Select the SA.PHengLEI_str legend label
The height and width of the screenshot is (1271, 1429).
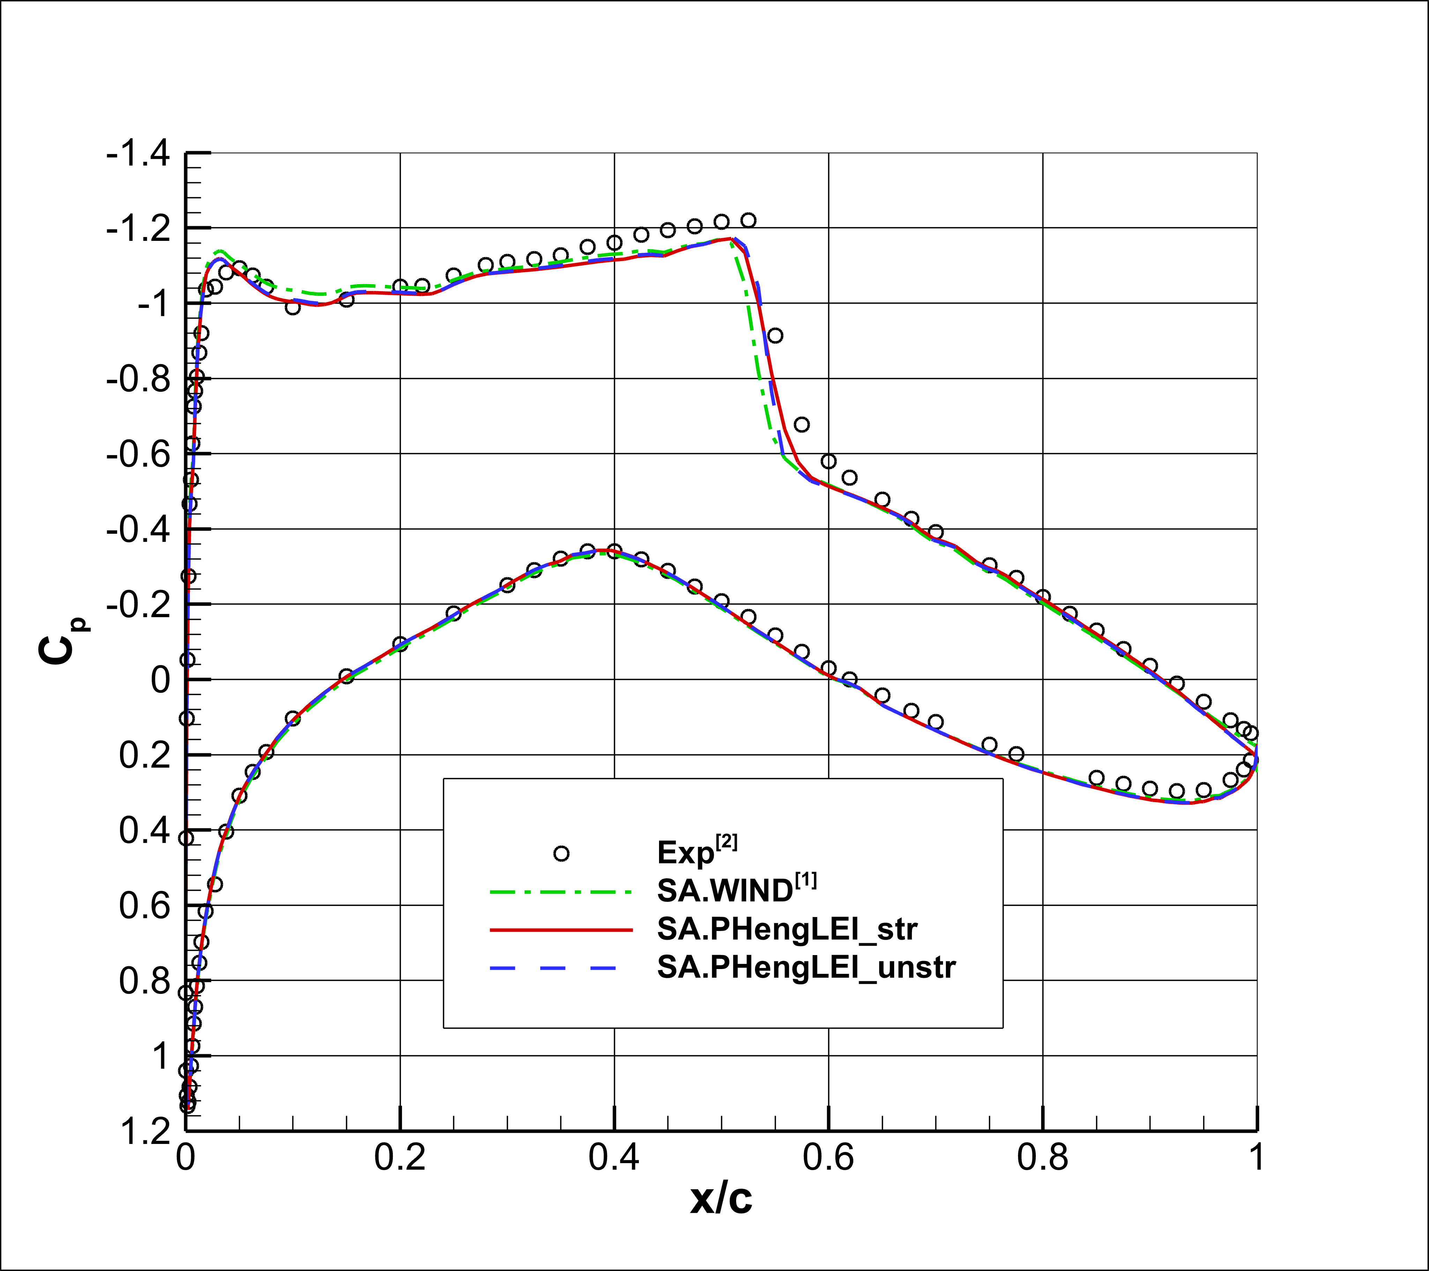[x=787, y=929]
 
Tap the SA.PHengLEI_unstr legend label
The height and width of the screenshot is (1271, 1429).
[x=806, y=967]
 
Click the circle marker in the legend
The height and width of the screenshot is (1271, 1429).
[x=561, y=854]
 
